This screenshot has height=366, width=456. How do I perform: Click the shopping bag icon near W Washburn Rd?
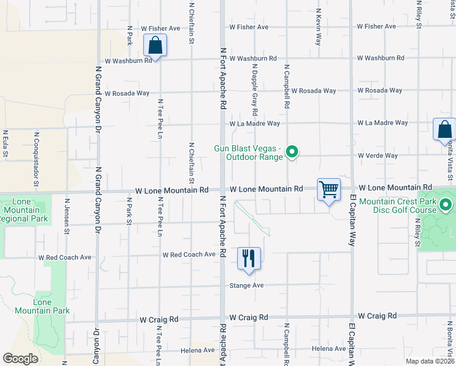(155, 46)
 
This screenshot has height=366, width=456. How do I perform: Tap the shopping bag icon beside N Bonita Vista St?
(444, 130)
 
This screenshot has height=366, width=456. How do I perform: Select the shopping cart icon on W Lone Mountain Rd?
(329, 190)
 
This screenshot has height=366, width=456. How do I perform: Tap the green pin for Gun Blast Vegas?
(292, 152)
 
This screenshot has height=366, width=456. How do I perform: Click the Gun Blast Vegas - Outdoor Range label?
(248, 152)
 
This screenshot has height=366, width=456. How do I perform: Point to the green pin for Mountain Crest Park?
(446, 205)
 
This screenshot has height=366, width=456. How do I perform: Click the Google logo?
(20, 359)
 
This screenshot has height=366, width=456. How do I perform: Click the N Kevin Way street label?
(318, 27)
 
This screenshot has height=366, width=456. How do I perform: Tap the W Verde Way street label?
(378, 156)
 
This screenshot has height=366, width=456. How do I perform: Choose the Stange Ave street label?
(246, 285)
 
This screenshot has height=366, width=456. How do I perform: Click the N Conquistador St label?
(36, 159)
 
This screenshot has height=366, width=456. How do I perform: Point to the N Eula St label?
(5, 143)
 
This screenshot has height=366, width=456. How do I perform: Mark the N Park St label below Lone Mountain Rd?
(129, 211)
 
